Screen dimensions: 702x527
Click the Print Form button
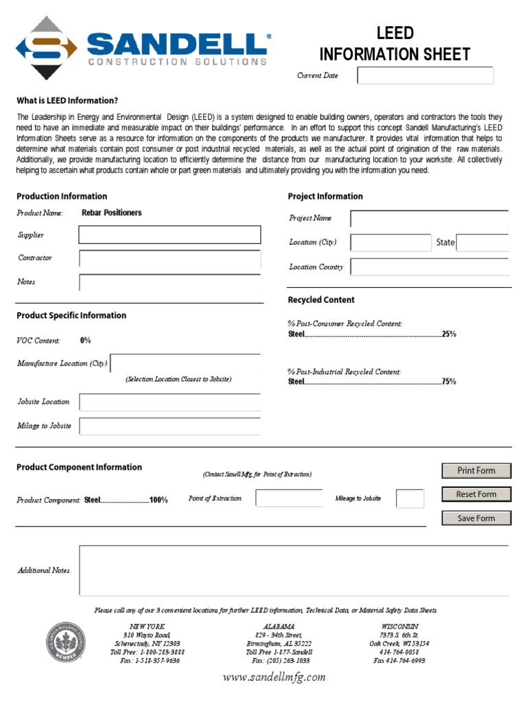[476, 470]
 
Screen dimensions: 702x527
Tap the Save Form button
[476, 518]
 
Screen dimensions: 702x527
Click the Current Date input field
[425, 75]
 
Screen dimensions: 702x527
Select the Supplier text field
[169, 235]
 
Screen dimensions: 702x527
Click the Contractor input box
[169, 258]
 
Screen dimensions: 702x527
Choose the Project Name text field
[429, 219]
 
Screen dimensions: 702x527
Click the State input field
[482, 243]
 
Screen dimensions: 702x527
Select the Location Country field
[429, 267]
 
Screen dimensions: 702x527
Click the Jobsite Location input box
[169, 402]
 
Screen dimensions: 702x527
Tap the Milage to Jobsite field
[169, 426]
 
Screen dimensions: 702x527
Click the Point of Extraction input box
[289, 498]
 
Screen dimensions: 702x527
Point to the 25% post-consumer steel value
[449, 335]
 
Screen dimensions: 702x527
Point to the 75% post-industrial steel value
[449, 382]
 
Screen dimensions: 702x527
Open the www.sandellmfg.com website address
[274, 677]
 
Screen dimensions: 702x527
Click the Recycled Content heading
[321, 300]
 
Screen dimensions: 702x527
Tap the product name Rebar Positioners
[112, 213]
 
